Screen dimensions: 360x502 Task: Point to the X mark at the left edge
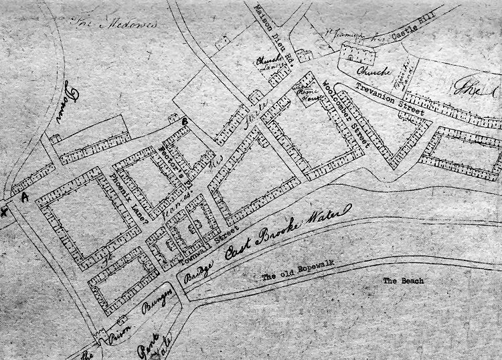[5, 212]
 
